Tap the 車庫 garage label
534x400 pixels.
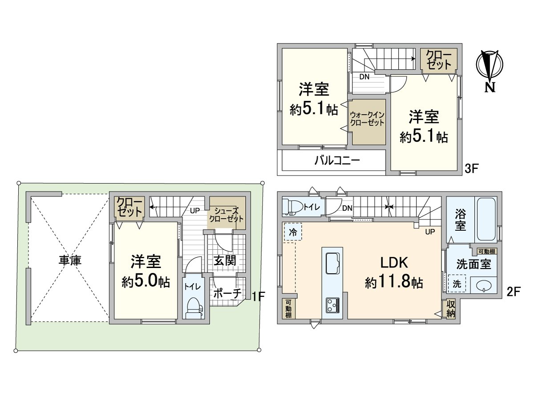tap(70, 261)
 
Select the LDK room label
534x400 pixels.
tap(394, 263)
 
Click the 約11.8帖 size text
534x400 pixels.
tap(394, 282)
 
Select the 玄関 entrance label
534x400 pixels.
tap(225, 261)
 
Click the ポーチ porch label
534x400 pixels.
tap(227, 293)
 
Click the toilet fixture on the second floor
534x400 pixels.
tap(292, 207)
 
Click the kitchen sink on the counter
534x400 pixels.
tap(332, 264)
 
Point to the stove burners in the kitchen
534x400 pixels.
tap(332, 305)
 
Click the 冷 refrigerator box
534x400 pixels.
tap(292, 232)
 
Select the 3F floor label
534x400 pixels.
tap(472, 168)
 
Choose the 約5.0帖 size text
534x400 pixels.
tap(146, 282)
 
